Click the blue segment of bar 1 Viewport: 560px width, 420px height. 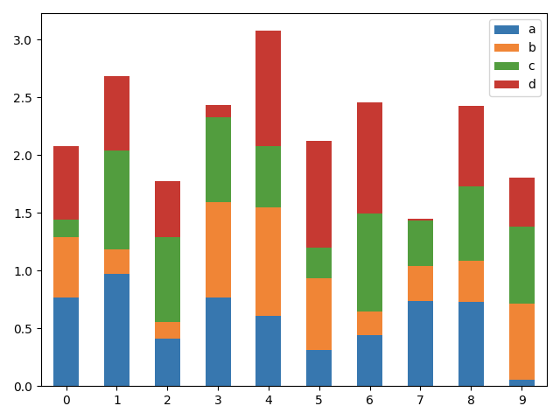[x=116, y=330]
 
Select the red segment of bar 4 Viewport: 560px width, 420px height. [x=269, y=88]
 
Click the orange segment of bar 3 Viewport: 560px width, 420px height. [x=218, y=249]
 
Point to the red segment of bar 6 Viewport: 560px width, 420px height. [x=369, y=157]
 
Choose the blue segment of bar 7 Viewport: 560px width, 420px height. [x=420, y=343]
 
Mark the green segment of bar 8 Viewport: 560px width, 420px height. [x=471, y=223]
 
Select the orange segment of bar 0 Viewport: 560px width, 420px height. [x=66, y=267]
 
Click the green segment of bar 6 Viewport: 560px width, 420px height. [x=369, y=262]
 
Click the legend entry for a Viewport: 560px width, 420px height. [x=531, y=29]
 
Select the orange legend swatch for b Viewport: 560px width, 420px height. [x=507, y=47]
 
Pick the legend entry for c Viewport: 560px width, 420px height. [x=531, y=66]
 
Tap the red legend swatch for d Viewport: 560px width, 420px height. [x=507, y=84]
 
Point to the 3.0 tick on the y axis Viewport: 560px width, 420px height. [x=23, y=40]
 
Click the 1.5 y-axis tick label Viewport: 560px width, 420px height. [x=23, y=213]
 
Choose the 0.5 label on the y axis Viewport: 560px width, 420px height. [x=23, y=329]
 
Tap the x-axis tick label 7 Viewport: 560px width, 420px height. [x=420, y=400]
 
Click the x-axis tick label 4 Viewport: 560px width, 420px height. [x=269, y=400]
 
